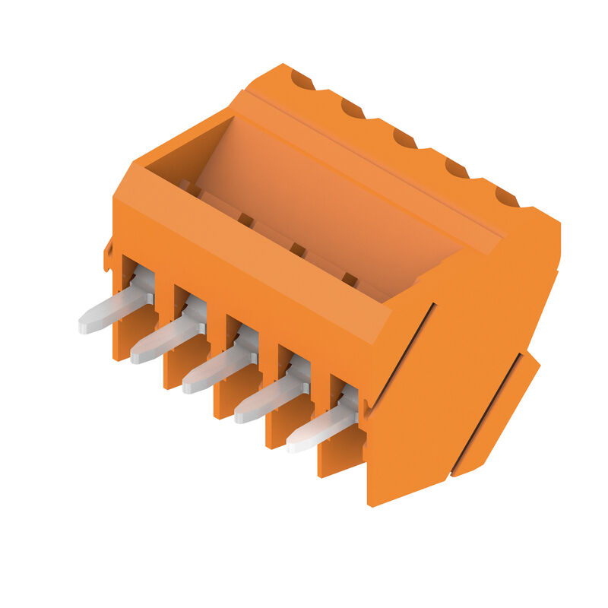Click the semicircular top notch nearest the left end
(302, 79)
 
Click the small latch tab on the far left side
(108, 255)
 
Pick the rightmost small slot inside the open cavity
(350, 280)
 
